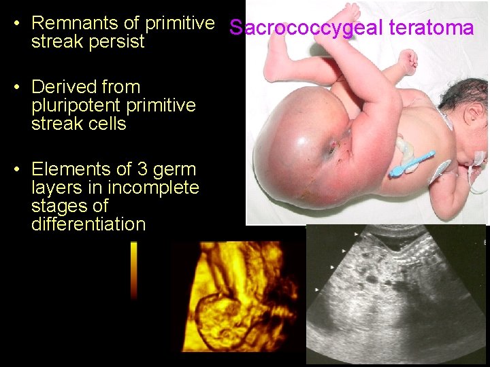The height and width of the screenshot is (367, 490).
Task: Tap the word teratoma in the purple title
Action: click(431, 29)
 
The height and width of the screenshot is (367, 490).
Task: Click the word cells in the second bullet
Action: click(107, 124)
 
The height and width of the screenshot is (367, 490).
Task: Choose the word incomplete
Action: click(156, 188)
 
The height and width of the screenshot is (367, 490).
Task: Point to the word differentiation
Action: click(88, 224)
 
